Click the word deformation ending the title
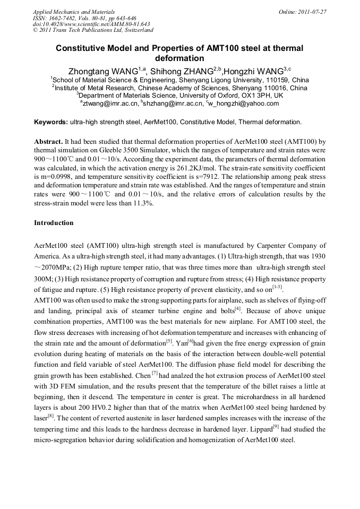tap(179, 58)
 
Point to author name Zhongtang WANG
tap(102, 71)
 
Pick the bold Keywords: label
tap(51, 122)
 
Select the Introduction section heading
tap(54, 223)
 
